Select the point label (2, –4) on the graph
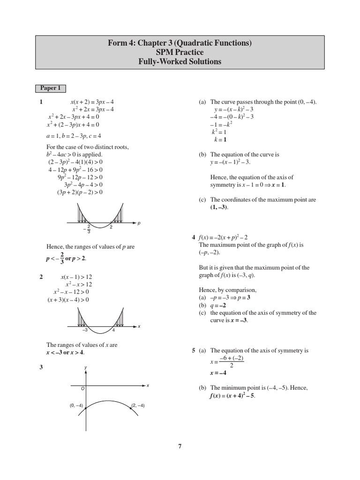click(138, 405)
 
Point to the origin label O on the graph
click(82, 389)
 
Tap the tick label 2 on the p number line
click(111, 227)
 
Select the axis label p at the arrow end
click(139, 224)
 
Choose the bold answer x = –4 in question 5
click(218, 373)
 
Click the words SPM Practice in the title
click(180, 52)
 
